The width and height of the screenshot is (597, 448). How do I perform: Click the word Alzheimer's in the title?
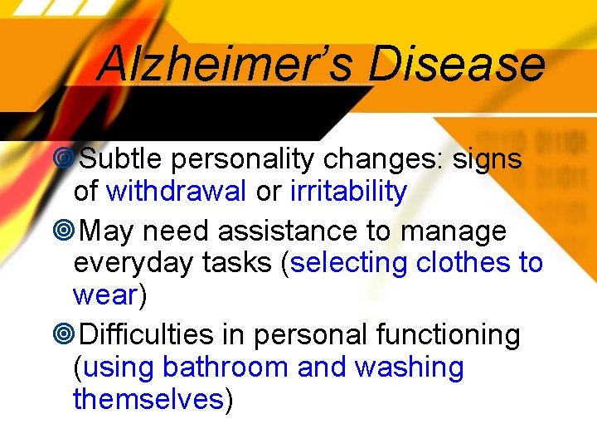click(x=226, y=64)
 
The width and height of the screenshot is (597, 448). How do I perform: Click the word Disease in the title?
click(x=457, y=64)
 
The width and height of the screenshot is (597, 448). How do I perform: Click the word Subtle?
click(x=121, y=158)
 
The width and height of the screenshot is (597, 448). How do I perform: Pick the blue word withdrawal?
click(x=177, y=192)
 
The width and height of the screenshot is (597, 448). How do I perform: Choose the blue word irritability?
click(x=348, y=192)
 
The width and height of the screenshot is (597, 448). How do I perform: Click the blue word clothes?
click(x=464, y=263)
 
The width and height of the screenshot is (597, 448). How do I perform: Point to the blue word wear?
click(x=104, y=295)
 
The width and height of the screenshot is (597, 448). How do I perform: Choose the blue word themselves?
click(x=148, y=399)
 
